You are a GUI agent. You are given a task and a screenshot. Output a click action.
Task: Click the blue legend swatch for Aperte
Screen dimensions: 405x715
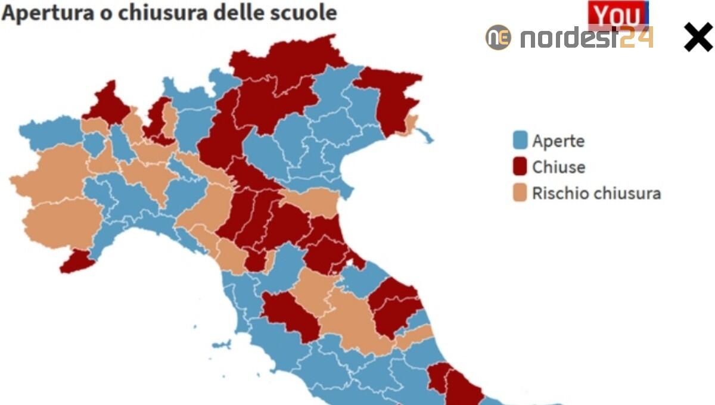(x=520, y=141)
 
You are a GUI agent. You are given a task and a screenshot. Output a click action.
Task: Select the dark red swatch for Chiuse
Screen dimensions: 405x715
(x=520, y=167)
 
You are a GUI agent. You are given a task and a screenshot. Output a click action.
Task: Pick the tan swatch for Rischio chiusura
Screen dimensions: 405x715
(x=520, y=194)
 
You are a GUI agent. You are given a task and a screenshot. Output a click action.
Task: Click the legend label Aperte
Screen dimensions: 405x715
(x=558, y=141)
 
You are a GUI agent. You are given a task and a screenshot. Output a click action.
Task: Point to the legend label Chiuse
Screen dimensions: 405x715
(x=559, y=167)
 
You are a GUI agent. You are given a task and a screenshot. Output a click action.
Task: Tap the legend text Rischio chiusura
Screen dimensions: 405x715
(x=596, y=194)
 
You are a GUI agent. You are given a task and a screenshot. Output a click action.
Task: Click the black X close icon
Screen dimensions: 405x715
(x=698, y=38)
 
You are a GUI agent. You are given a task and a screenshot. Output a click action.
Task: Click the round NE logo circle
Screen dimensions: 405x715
(x=498, y=38)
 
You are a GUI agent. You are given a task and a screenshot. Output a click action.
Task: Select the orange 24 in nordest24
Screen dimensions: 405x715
(x=636, y=38)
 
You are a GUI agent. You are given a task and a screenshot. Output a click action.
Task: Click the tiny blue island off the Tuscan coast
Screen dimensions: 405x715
(x=221, y=344)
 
